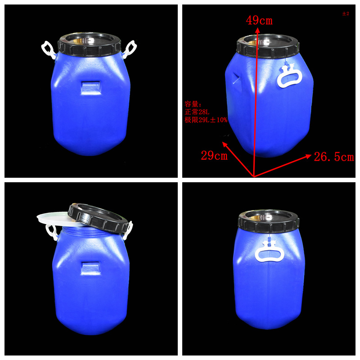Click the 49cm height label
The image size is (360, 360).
(x=259, y=20)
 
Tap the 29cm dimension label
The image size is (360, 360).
(x=214, y=156)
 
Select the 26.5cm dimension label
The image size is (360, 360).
(x=334, y=157)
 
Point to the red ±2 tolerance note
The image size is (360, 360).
(x=346, y=13)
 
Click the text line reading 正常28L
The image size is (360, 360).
(x=197, y=112)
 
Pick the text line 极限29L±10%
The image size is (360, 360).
(x=206, y=120)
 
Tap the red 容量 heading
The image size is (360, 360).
(x=193, y=104)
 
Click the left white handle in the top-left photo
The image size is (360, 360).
(x=49, y=50)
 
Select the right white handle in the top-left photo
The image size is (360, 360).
(x=130, y=49)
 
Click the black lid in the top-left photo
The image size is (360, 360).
(x=89, y=45)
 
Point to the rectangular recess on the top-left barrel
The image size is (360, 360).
(x=91, y=87)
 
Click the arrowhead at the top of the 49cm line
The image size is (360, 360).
(x=257, y=30)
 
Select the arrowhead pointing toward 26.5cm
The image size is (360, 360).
(x=309, y=156)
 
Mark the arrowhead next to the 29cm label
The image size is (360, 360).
(x=225, y=144)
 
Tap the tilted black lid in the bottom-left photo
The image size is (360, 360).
(x=99, y=217)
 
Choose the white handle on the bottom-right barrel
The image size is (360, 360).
(x=270, y=252)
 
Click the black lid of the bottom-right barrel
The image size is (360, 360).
(x=269, y=220)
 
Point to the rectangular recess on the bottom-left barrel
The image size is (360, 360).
(x=90, y=268)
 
